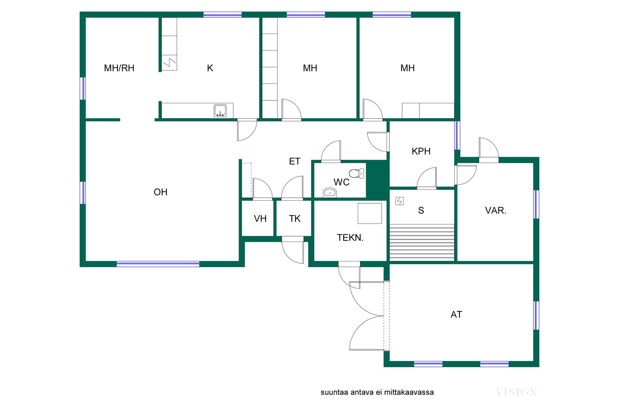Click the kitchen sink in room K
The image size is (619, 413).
click(220, 111)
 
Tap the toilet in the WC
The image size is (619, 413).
click(357, 174)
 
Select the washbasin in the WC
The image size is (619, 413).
click(330, 193)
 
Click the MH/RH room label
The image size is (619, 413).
click(119, 68)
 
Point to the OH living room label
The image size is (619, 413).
click(161, 192)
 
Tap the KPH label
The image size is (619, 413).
click(421, 151)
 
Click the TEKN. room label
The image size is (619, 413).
click(350, 238)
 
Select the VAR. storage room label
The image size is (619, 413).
click(496, 210)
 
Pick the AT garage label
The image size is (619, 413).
click(456, 314)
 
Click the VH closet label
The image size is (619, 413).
click(260, 218)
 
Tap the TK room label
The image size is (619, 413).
click(295, 218)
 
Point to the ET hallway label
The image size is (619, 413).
click(295, 161)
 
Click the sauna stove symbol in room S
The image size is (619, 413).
click(399, 201)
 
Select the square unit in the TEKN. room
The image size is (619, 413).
click(370, 213)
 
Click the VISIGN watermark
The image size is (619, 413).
click(516, 392)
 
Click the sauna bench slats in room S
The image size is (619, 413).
click(422, 242)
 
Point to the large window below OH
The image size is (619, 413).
click(158, 264)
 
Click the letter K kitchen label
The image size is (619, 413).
click(210, 68)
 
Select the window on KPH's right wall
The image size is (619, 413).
click(457, 135)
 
